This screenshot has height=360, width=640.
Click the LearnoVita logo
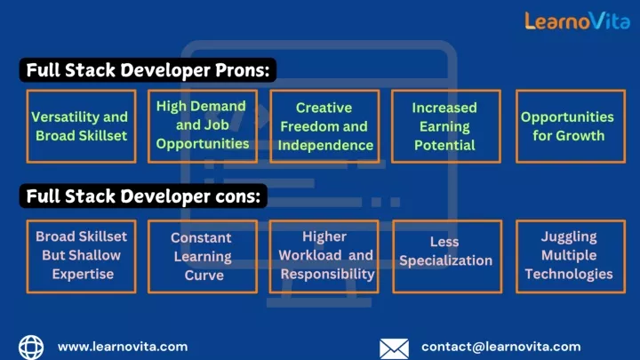(577, 20)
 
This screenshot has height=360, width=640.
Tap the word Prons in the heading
(243, 70)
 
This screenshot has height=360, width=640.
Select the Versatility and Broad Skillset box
(81, 126)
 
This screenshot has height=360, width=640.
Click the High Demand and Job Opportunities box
(203, 126)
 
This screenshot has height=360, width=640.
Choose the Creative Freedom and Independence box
(324, 126)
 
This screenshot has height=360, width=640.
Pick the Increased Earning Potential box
(445, 126)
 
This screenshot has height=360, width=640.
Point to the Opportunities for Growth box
(570, 126)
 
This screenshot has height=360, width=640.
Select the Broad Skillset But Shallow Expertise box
(81, 257)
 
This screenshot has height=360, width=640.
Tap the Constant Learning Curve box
(203, 257)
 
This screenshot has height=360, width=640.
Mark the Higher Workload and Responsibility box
(324, 257)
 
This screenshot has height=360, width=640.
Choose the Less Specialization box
(447, 257)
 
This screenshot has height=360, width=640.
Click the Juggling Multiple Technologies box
(570, 257)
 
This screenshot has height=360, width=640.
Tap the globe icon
(31, 348)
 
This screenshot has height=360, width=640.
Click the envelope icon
(394, 349)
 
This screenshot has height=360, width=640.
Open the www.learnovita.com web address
(123, 347)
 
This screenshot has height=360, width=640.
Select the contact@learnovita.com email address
(500, 347)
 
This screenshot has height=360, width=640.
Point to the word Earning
(444, 127)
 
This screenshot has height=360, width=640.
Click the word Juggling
(569, 237)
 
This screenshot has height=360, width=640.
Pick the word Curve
(204, 275)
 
